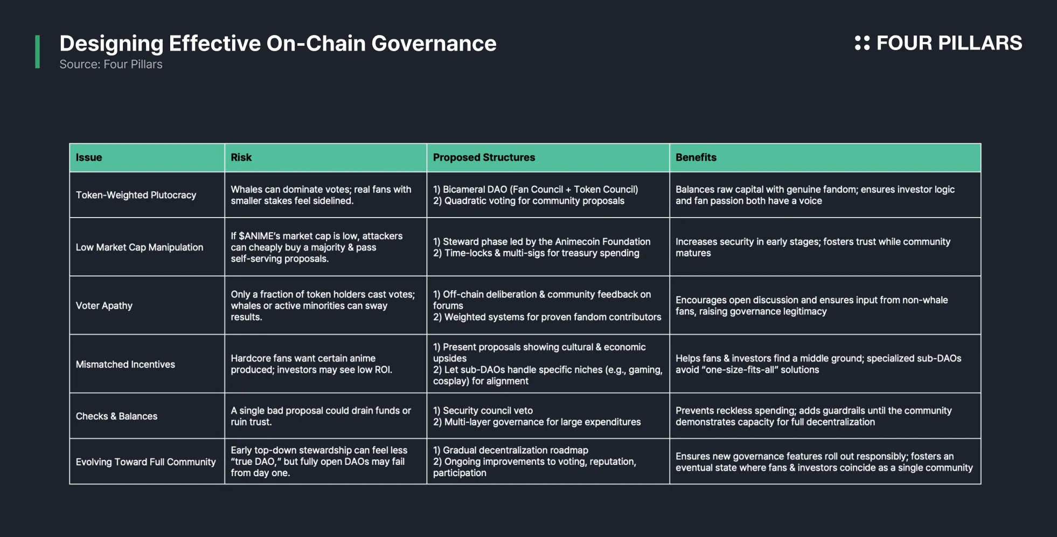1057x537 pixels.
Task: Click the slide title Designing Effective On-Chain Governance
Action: (278, 44)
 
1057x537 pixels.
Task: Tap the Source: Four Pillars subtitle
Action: (111, 64)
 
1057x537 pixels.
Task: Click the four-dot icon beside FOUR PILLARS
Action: (862, 43)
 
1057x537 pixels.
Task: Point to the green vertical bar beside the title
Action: (37, 52)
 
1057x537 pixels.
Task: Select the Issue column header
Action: (89, 157)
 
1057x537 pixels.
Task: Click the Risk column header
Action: (241, 157)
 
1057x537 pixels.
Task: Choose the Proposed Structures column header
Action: (484, 157)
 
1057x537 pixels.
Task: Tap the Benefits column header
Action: (696, 157)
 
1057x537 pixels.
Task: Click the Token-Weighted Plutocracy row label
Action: (136, 195)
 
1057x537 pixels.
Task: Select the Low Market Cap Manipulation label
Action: (140, 247)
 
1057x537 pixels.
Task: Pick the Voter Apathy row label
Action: (104, 305)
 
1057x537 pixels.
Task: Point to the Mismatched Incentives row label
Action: (126, 364)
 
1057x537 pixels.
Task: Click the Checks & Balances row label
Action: (116, 416)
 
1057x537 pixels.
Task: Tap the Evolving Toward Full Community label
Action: (145, 462)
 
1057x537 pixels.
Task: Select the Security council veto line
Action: (483, 410)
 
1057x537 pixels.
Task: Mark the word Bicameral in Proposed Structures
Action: (465, 189)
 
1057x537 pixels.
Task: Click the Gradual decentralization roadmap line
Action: (511, 450)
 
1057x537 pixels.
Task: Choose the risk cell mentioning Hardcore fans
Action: (311, 364)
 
